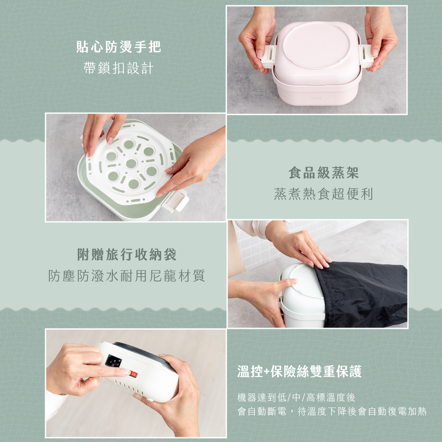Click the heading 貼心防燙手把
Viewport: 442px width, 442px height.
coord(118,47)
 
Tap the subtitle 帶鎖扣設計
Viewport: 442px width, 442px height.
coord(118,69)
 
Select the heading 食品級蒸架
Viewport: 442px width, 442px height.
coord(323,173)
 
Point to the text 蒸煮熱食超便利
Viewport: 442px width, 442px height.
coord(323,194)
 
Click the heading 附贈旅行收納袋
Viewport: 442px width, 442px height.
coord(127,255)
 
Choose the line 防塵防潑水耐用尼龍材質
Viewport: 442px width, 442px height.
coord(127,276)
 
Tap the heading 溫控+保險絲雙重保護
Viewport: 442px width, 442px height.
coord(300,372)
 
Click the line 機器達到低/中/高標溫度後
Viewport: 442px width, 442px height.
coord(297,397)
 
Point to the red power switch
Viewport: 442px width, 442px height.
coord(133,374)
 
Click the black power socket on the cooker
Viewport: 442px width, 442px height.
coord(112,362)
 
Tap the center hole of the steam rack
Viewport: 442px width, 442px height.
coord(131,164)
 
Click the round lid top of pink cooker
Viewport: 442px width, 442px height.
coord(315,44)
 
